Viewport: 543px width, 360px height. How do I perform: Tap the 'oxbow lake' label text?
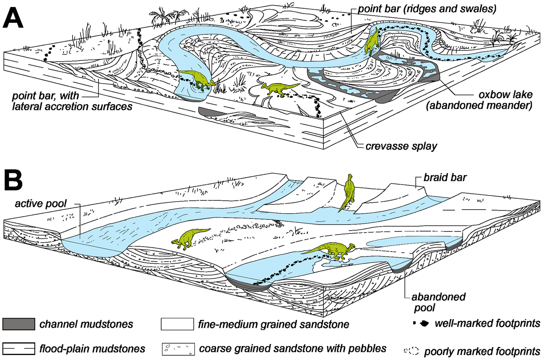[x=505, y=95]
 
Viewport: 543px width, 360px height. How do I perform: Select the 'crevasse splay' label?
[x=401, y=146]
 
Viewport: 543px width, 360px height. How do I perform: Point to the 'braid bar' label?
[x=445, y=177]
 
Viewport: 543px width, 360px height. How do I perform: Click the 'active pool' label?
[x=41, y=204]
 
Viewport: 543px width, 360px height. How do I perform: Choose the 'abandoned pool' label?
[x=438, y=302]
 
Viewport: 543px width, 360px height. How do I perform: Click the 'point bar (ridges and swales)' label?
[x=427, y=9]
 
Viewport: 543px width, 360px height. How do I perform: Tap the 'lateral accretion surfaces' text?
[x=72, y=106]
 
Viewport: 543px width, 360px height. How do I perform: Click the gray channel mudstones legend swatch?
[x=19, y=324]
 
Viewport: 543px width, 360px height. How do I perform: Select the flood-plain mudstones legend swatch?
[x=19, y=349]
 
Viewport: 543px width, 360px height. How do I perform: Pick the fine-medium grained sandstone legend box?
[x=177, y=324]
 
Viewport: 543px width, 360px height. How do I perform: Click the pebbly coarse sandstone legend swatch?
[x=178, y=349]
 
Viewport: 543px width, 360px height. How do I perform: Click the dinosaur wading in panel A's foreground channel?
[x=196, y=79]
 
